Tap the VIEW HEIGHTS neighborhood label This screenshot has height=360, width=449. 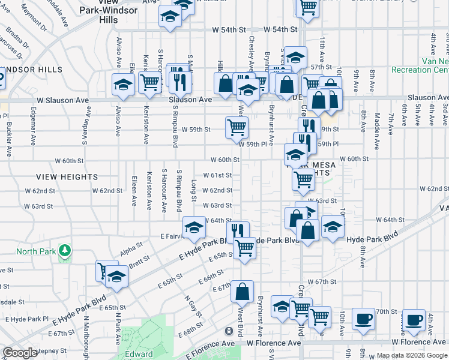coord(67,177)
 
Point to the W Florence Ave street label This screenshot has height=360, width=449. coord(274,343)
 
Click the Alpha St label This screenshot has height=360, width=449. coord(131,248)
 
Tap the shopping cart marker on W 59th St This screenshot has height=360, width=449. coord(237,127)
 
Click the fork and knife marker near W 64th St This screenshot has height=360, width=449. coord(238,232)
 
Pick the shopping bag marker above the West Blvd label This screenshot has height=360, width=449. coord(242,292)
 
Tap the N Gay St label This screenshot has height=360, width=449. coord(191,305)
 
